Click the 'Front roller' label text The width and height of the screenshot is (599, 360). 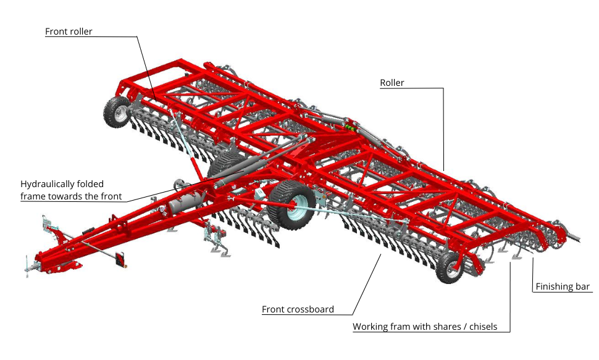(69, 31)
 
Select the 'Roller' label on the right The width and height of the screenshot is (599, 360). (392, 83)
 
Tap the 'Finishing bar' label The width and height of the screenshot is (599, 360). (563, 287)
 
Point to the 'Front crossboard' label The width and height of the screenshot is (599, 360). (298, 309)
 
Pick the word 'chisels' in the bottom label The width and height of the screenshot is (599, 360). (484, 327)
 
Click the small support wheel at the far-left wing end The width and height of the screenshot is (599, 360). (117, 112)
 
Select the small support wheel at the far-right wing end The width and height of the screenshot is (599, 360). (450, 267)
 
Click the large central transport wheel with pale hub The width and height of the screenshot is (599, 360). (292, 205)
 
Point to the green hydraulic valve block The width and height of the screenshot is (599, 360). (350, 127)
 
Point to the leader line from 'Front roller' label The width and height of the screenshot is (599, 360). (145, 64)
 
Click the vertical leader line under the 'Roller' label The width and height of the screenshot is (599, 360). (443, 130)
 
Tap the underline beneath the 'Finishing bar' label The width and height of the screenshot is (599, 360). (563, 292)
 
